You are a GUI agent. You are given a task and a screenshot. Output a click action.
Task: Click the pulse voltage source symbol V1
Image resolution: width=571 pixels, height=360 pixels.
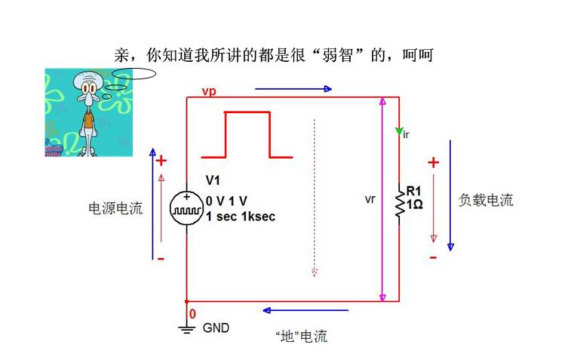pos(186,209)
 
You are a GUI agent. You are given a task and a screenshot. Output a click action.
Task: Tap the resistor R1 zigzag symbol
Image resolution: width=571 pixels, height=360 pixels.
pos(400,204)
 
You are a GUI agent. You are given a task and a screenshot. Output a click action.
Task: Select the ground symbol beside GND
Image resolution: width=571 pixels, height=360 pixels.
pos(186,329)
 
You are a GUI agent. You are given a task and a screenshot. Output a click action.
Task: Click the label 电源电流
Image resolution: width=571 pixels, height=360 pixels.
pos(115,208)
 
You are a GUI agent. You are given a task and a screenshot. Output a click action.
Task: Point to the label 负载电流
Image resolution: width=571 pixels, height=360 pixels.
pos(486,200)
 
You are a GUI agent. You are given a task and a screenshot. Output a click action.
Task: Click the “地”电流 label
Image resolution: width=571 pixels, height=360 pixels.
pos(302,336)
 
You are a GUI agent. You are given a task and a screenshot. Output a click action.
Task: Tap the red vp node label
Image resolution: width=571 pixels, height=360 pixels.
pos(209,91)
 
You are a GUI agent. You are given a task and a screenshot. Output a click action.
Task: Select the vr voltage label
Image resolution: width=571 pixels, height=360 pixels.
pos(370,199)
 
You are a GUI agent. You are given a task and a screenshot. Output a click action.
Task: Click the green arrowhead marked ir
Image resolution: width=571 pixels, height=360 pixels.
pos(399,131)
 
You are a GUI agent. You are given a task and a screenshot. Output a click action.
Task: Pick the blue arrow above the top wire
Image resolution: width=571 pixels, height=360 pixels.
pos(293,89)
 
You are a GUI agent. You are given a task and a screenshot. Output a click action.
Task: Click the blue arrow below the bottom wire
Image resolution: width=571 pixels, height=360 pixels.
pos(305,310)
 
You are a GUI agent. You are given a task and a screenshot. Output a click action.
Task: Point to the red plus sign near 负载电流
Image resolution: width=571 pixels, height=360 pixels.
pos(434,162)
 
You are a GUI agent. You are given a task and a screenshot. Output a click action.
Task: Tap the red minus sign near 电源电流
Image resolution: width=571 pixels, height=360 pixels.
pos(161,259)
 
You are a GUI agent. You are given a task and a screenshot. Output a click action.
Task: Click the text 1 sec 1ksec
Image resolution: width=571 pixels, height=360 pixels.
pos(241,217)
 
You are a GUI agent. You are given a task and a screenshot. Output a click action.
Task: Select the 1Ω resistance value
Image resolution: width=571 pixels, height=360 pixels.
pos(415,205)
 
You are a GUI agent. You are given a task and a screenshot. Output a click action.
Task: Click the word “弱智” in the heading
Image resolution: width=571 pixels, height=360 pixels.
pos(338,55)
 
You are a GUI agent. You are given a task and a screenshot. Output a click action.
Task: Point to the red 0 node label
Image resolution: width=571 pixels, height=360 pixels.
pos(192,314)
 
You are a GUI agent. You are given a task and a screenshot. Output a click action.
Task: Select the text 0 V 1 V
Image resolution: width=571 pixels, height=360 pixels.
pos(226,201)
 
